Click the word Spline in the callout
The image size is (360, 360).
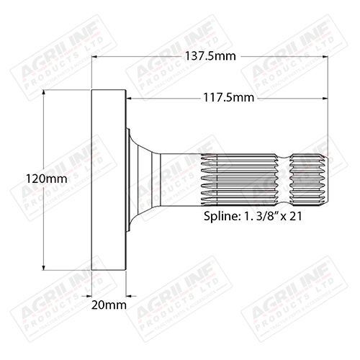(x=217, y=215)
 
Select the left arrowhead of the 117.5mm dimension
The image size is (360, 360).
(x=131, y=99)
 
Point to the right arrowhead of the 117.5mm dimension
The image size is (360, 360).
(x=326, y=99)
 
